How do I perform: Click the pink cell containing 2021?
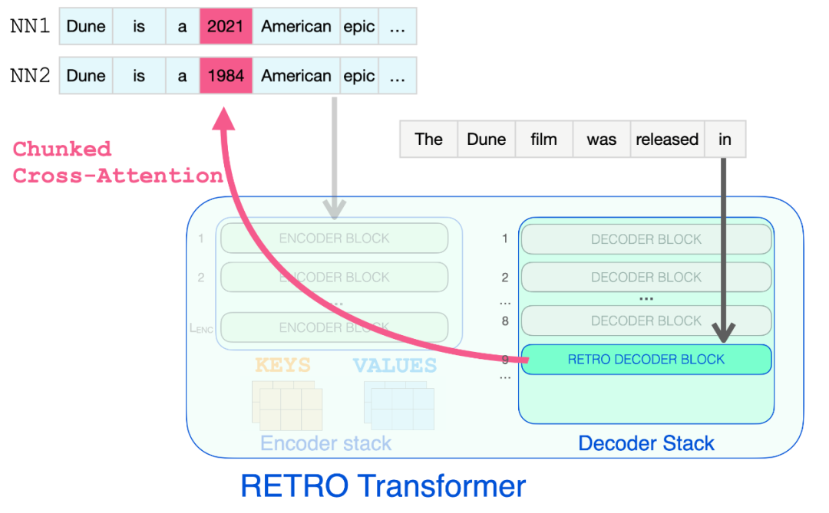click(226, 27)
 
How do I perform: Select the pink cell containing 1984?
click(226, 76)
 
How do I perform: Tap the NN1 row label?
click(31, 27)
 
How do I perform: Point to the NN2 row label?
click(31, 76)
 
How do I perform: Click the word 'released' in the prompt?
click(667, 140)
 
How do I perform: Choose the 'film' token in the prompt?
click(543, 140)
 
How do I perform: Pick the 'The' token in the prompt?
click(428, 140)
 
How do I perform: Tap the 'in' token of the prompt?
click(725, 140)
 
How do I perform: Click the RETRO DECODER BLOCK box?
click(646, 359)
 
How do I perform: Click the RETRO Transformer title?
click(383, 486)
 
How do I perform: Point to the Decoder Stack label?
click(646, 443)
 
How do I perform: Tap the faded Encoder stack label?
click(325, 443)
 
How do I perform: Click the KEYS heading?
click(282, 365)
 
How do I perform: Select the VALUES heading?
click(395, 365)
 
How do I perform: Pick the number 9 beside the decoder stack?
click(504, 359)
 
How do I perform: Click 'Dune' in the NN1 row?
click(86, 27)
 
